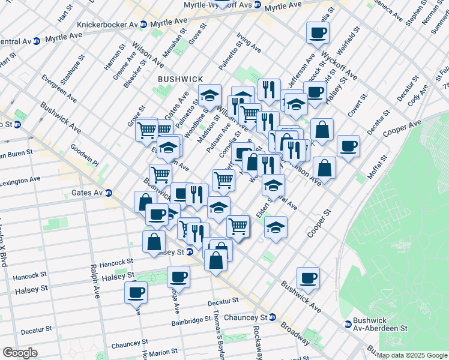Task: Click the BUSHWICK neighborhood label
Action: [x=181, y=79]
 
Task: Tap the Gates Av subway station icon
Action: [x=109, y=193]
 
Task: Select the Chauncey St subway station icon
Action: [x=272, y=317]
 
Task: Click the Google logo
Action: [x=20, y=353]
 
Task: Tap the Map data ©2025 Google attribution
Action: [x=411, y=355]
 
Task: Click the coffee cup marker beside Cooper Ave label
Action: [x=348, y=146]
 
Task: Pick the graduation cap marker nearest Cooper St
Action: [x=276, y=227]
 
